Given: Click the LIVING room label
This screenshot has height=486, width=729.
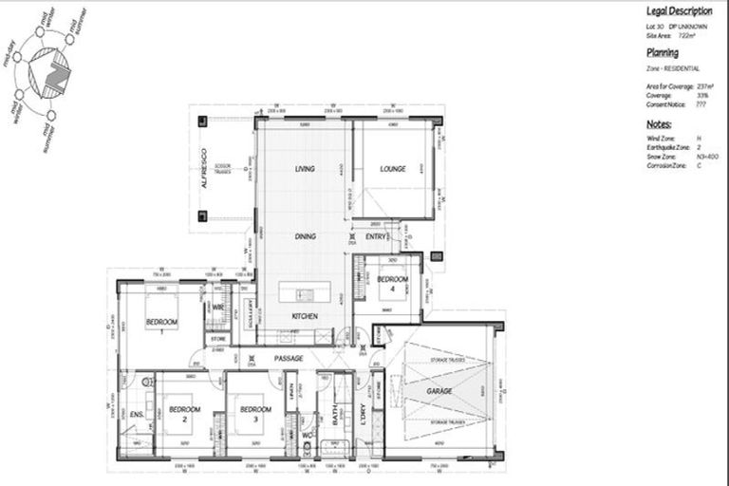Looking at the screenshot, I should (x=305, y=169).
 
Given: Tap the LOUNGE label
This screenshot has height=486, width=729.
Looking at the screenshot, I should (x=393, y=169).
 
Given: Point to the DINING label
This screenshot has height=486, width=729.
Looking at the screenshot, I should (x=305, y=236).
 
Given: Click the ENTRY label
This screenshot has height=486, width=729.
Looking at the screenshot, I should (x=376, y=236).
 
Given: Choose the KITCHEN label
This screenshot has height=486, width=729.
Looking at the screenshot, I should (x=305, y=316).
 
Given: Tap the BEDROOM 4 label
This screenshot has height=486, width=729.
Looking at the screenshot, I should (x=392, y=284).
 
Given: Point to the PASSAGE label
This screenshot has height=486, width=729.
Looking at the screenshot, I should (x=289, y=358).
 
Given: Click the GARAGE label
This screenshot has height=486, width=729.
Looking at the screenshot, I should (x=439, y=390).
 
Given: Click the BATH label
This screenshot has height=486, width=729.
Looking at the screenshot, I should (x=335, y=415).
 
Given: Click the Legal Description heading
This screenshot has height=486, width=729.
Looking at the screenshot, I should (x=680, y=11).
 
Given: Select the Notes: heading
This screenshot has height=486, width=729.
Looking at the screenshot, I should (x=660, y=124).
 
